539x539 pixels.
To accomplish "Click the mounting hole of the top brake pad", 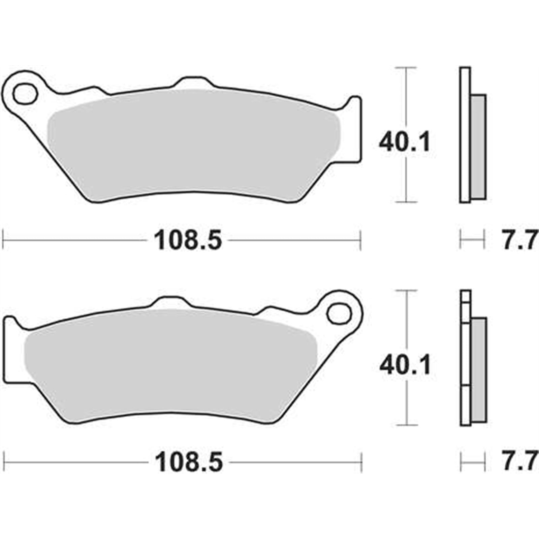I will (x=25, y=93).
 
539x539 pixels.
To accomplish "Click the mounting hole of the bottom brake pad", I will (x=339, y=314).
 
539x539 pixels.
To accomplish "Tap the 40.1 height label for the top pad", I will (x=404, y=142).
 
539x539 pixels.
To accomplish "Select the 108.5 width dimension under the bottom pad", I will (x=189, y=462).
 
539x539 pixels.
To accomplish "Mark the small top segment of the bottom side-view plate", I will (x=466, y=296).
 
